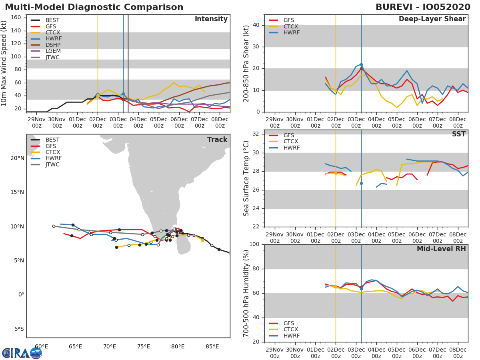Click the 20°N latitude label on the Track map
coord(17,158)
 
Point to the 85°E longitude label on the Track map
coord(212,346)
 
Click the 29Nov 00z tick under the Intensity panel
coord(36,122)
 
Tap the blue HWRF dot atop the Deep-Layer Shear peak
coord(361,65)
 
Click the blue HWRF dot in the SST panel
coord(361,183)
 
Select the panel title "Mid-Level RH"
coord(441,249)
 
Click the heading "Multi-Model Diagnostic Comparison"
coord(94,7)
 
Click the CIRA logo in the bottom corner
coord(22,353)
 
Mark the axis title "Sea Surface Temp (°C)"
coord(246,178)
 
